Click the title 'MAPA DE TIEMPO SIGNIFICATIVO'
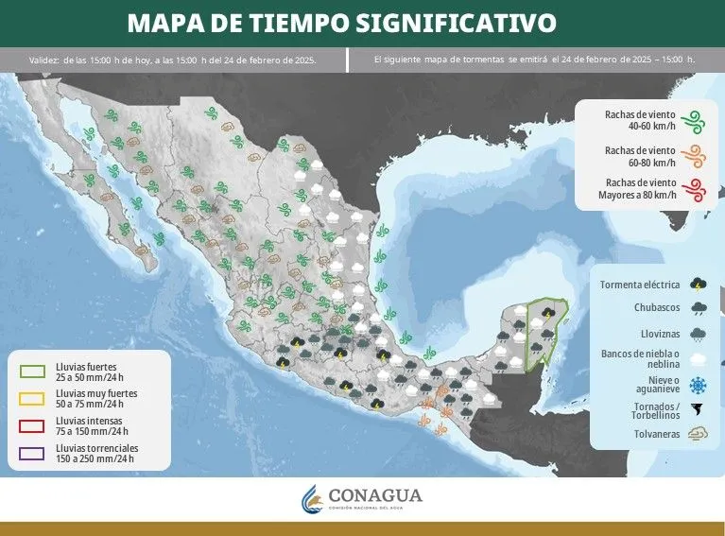click(342, 22)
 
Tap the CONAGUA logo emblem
click(312, 498)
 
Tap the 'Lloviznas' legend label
click(661, 333)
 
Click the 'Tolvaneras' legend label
click(658, 435)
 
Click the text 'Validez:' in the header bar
click(43, 60)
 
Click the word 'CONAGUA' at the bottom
click(375, 494)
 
